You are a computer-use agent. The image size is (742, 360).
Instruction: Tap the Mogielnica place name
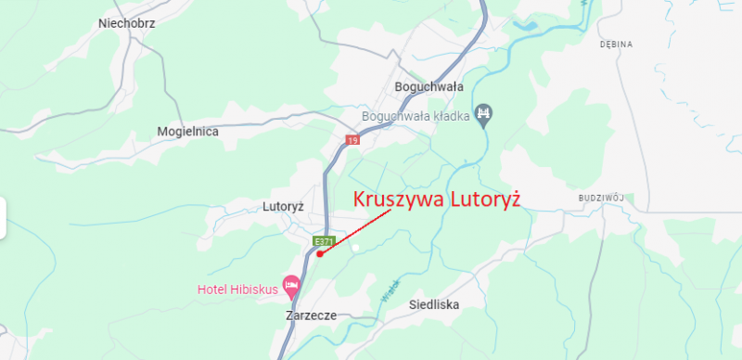coord(187,132)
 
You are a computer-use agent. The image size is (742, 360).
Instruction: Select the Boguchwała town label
coord(429,87)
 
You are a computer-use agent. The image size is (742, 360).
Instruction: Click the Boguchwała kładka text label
coord(416,116)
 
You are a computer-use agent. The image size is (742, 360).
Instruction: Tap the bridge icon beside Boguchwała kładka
coord(484,115)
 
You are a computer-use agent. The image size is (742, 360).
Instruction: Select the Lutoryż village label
coord(284,206)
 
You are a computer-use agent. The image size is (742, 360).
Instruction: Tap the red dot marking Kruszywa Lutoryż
coord(319,253)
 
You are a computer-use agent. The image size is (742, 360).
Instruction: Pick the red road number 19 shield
coord(352,140)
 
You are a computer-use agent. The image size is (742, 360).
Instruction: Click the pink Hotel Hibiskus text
coord(237,289)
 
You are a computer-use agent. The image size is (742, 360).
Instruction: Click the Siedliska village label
coord(434,304)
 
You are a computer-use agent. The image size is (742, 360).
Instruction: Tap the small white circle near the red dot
coord(354,247)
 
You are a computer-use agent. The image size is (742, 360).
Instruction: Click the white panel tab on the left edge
coord(3,218)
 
